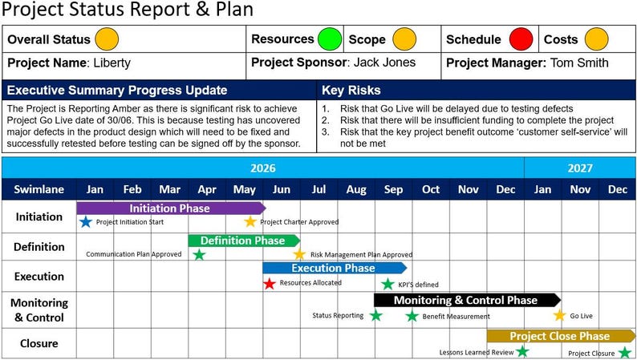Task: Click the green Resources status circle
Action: pos(329,38)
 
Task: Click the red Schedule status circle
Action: pos(521,38)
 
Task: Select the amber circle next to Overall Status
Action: pos(106,38)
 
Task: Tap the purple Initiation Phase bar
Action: pos(170,208)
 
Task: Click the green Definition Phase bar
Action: pos(242,241)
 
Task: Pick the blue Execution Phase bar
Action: pos(333,268)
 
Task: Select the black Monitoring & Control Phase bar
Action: pos(465,300)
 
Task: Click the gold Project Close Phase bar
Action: pos(559,336)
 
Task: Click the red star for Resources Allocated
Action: pos(270,283)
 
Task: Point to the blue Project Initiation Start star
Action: pos(86,222)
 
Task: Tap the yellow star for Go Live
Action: pos(559,316)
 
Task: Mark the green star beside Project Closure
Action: pos(625,352)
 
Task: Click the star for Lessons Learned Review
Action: pos(522,351)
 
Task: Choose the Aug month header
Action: pos(356,189)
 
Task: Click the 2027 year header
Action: pos(579,168)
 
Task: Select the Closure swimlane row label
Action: pos(39,344)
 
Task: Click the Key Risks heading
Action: pos(351,90)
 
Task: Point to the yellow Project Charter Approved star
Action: pos(250,222)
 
